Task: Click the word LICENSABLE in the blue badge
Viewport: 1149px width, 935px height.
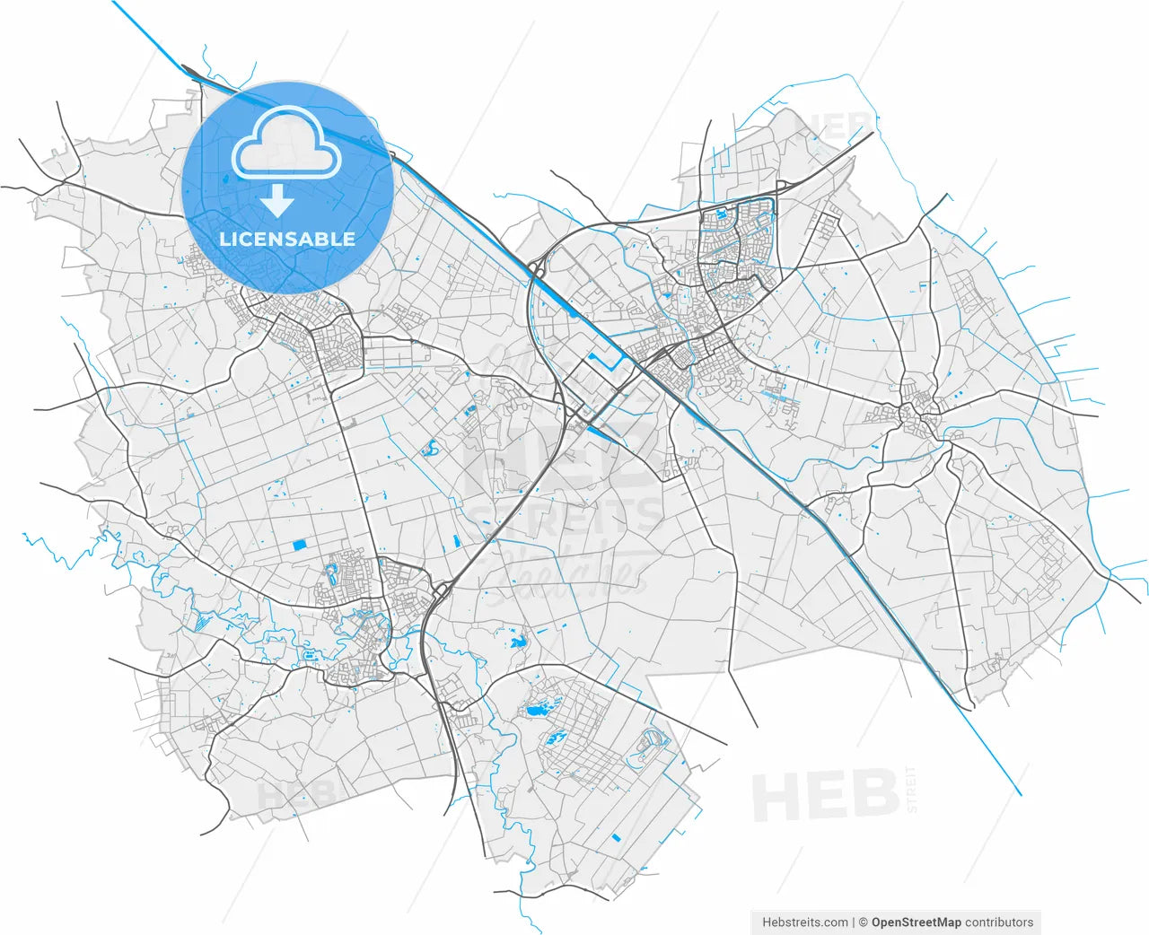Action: click(287, 240)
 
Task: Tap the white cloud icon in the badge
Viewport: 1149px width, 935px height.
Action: click(287, 144)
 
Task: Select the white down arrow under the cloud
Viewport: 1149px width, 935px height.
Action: click(277, 201)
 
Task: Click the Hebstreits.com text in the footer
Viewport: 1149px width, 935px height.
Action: click(804, 922)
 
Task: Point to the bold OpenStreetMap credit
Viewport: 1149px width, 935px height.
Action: click(916, 922)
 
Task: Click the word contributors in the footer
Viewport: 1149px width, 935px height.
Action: click(999, 922)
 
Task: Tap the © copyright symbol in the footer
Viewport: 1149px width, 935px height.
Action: click(864, 922)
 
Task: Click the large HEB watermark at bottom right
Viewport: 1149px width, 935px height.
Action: click(825, 795)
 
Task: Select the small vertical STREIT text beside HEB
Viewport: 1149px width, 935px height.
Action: click(912, 790)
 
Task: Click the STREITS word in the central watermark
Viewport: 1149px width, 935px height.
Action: click(566, 518)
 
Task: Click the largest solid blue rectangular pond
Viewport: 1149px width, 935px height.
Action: click(299, 544)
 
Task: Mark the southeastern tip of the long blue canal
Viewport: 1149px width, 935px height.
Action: click(1021, 795)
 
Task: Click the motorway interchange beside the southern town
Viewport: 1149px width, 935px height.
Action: click(440, 590)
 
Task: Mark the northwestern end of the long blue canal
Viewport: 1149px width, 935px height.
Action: click(114, 3)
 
